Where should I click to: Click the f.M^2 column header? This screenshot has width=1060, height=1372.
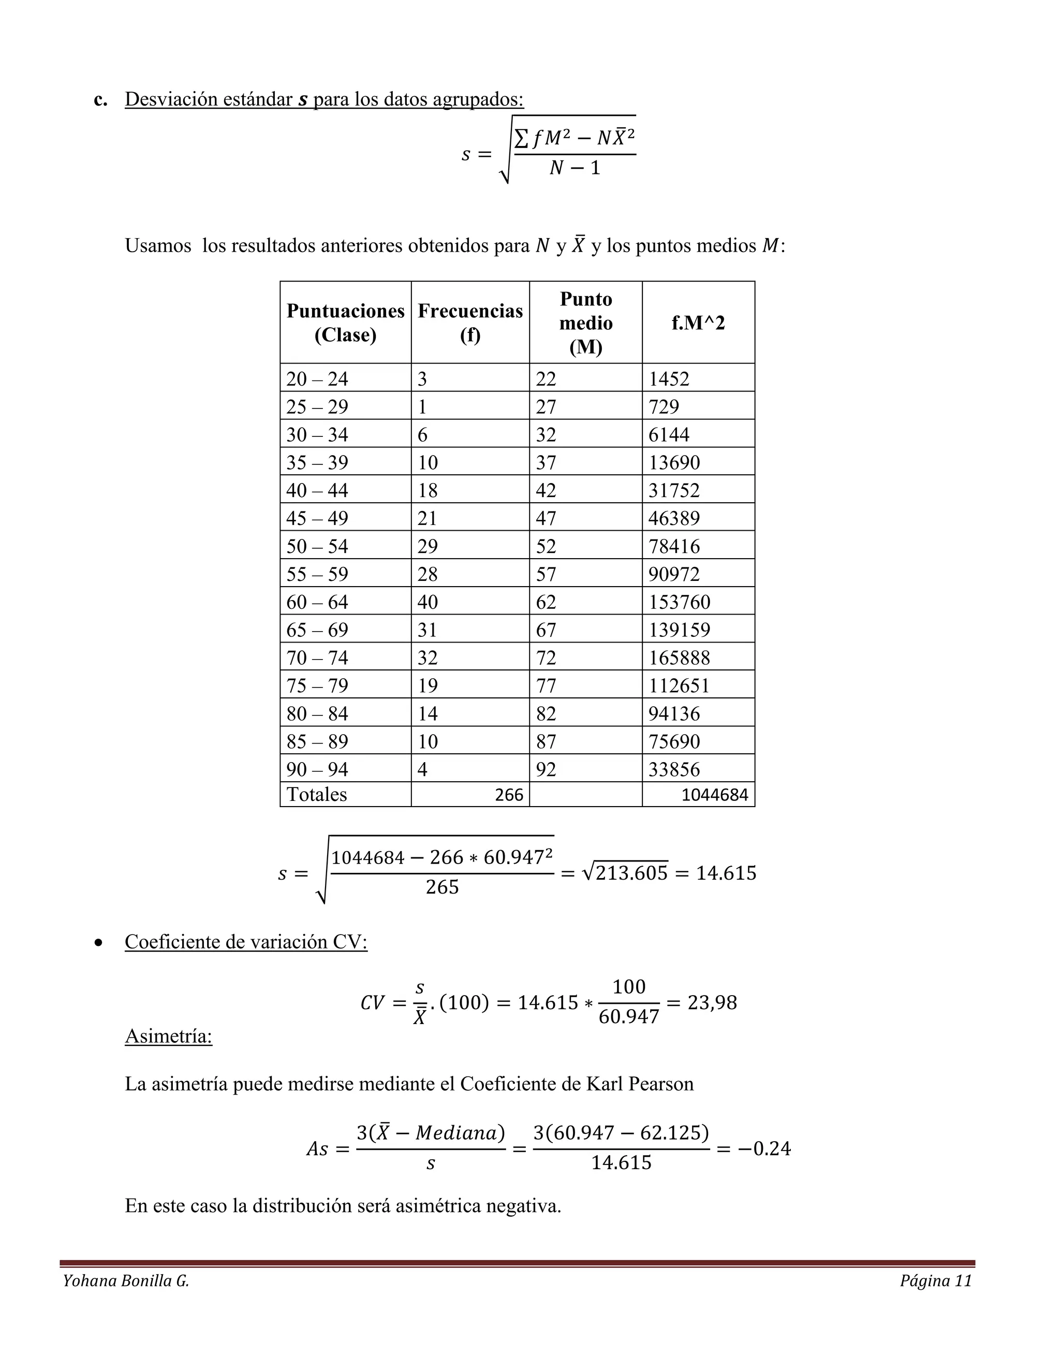698,323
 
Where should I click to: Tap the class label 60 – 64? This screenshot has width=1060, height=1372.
317,602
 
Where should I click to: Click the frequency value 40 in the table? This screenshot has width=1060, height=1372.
428,602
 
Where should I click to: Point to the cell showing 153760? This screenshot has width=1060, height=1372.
679,602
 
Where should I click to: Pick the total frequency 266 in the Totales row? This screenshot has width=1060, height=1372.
509,795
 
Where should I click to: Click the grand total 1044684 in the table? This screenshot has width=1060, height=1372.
715,795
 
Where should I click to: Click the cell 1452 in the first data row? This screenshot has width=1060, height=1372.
669,379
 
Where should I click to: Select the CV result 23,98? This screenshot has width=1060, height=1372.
712,1002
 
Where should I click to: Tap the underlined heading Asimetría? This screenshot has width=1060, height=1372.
168,1035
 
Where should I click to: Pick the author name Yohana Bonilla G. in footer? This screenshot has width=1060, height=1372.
126,1281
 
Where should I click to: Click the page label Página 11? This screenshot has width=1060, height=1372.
936,1281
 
